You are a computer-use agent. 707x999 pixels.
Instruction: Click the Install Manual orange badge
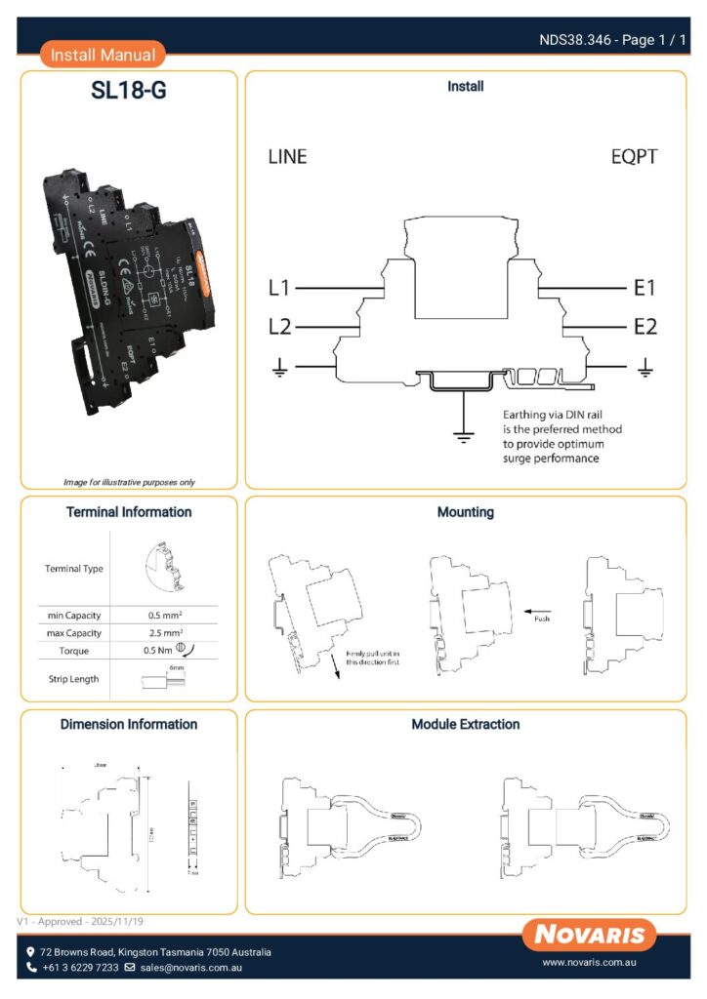click(103, 55)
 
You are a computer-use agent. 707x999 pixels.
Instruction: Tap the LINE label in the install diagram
click(287, 157)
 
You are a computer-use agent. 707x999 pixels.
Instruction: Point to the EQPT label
click(634, 157)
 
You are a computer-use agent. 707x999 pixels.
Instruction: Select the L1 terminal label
click(279, 289)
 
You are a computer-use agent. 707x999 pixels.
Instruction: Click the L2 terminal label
click(279, 326)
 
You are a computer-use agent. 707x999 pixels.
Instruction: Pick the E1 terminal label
click(645, 289)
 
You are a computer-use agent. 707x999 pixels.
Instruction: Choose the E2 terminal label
click(645, 326)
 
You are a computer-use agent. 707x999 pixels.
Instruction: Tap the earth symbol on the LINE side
click(279, 367)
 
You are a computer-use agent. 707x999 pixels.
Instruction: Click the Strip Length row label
click(74, 679)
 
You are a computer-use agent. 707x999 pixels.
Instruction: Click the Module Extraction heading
click(465, 725)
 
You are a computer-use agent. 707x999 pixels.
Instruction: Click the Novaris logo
click(589, 935)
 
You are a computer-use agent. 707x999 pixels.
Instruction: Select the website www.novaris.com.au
click(589, 963)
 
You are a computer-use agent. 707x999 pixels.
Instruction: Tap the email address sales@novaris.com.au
click(190, 968)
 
